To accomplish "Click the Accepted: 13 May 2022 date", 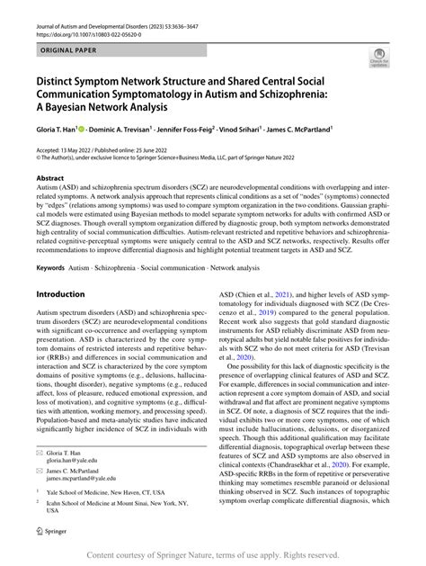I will point(68,148).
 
